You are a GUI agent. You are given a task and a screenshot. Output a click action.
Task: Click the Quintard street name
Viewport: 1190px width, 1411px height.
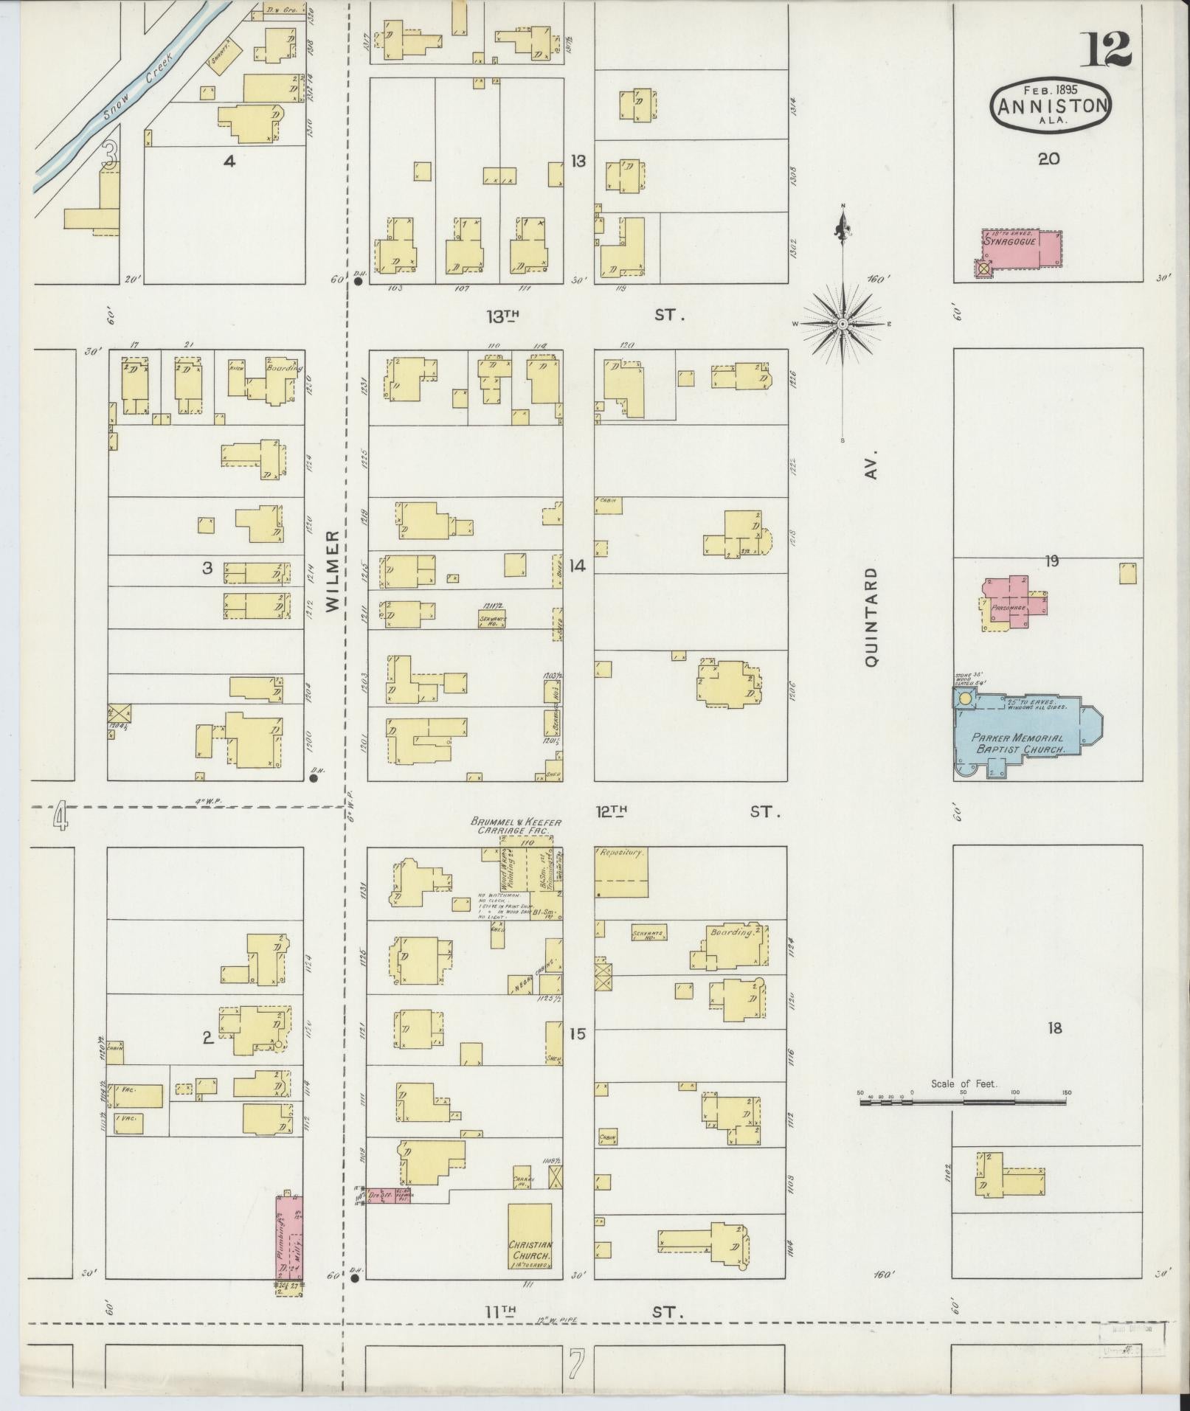point(872,618)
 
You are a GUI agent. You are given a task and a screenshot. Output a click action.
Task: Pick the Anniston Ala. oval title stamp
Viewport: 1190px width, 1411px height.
point(1051,105)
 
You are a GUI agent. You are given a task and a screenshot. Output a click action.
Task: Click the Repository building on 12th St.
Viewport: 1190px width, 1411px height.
point(621,871)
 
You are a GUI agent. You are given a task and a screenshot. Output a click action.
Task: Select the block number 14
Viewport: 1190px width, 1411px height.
point(577,566)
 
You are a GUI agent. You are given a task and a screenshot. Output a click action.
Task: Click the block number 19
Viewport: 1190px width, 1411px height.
point(1051,561)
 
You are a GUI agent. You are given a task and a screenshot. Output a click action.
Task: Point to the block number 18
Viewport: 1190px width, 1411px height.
point(1054,1027)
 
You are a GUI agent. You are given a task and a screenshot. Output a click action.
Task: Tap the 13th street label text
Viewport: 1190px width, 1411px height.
point(502,316)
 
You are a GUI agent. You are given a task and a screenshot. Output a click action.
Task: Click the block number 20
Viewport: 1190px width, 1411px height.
point(1048,159)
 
